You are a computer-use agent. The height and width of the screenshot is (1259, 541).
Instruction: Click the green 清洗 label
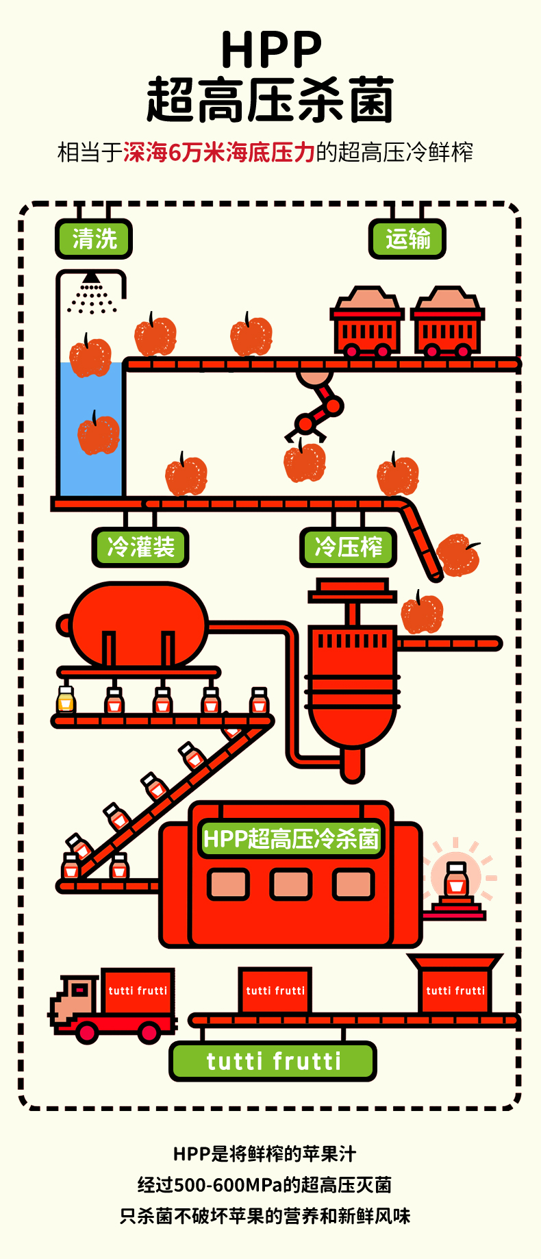coord(94,239)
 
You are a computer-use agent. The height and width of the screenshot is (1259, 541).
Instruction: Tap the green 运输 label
coord(407,239)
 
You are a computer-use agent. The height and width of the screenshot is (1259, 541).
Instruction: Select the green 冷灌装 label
coord(140,547)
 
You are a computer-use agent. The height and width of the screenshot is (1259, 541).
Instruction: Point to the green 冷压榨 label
coord(349,547)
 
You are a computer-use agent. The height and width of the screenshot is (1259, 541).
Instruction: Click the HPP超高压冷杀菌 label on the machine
coord(291,838)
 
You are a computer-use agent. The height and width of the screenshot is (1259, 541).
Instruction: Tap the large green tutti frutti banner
coord(273,1061)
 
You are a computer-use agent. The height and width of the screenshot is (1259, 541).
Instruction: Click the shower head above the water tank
coord(91,278)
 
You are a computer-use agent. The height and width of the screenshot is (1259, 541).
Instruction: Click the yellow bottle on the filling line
coord(66,700)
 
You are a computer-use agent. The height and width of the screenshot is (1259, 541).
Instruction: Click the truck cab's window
coord(80,989)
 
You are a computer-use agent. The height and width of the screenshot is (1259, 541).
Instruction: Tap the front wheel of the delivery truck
coord(87,1032)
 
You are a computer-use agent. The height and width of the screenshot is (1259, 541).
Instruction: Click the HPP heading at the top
coord(271,49)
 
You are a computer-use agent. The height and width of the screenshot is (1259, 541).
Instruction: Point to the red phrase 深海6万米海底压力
coord(218,152)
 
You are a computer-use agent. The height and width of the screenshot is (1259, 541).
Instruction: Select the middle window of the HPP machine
coord(290,884)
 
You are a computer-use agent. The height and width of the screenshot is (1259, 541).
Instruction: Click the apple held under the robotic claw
coord(305,462)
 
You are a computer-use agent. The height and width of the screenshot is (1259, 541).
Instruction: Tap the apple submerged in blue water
coord(98,434)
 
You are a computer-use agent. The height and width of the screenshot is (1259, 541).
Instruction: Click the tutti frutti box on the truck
coord(138,990)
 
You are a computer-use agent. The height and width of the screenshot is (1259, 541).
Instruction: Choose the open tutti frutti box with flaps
coord(455,986)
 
